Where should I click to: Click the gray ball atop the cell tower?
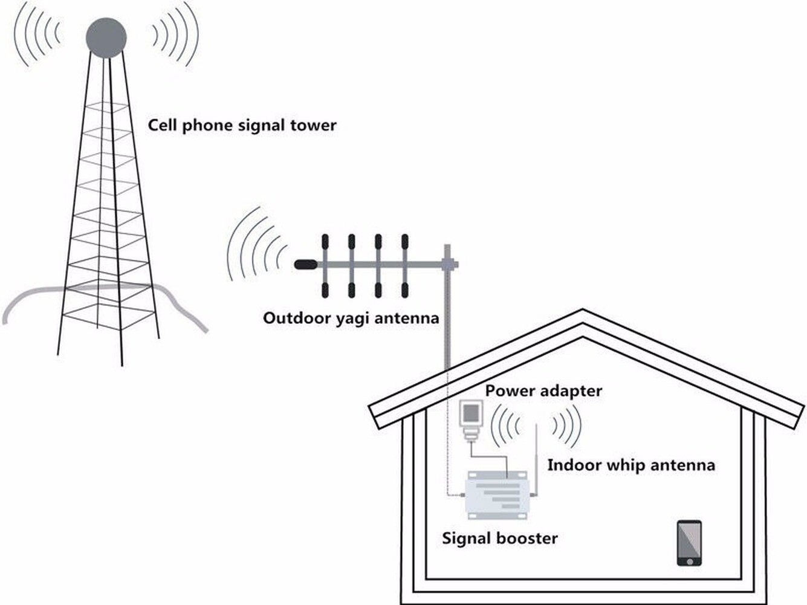(106, 37)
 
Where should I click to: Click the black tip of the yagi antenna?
(305, 264)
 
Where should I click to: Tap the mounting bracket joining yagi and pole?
(449, 264)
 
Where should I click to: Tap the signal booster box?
(496, 495)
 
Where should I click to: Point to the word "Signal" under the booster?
(468, 539)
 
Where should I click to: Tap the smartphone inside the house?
(689, 543)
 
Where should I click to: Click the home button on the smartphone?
(689, 561)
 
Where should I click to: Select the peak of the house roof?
(582, 310)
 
